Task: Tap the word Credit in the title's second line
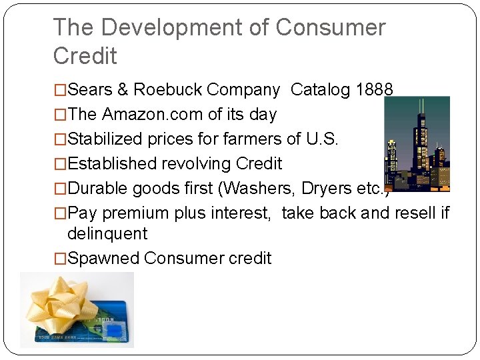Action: click(85, 56)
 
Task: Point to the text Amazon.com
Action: click(153, 114)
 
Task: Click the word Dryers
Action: click(327, 188)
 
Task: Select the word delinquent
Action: click(107, 233)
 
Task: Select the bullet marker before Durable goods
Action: click(60, 188)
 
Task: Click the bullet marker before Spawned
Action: click(60, 258)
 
